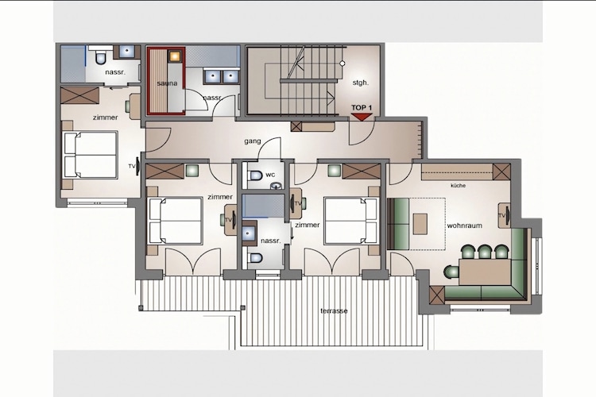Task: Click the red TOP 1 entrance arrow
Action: tap(361, 117)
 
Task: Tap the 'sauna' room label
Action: tap(167, 83)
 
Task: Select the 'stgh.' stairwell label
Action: tap(360, 82)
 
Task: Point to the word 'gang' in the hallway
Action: tap(253, 141)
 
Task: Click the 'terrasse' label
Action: tap(334, 310)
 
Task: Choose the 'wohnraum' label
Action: tap(465, 225)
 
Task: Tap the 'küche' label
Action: tap(458, 186)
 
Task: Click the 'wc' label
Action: tap(270, 175)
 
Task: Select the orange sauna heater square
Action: tap(175, 56)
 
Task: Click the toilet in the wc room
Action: tap(255, 176)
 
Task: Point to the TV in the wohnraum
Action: tap(505, 215)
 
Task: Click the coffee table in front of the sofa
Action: tap(420, 224)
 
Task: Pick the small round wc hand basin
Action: tap(276, 186)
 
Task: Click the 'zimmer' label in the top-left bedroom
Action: tap(105, 118)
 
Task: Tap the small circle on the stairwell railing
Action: tap(342, 64)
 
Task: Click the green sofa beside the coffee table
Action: tap(399, 223)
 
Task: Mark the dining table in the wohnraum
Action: tap(484, 272)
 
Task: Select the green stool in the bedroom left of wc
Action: tap(192, 170)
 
